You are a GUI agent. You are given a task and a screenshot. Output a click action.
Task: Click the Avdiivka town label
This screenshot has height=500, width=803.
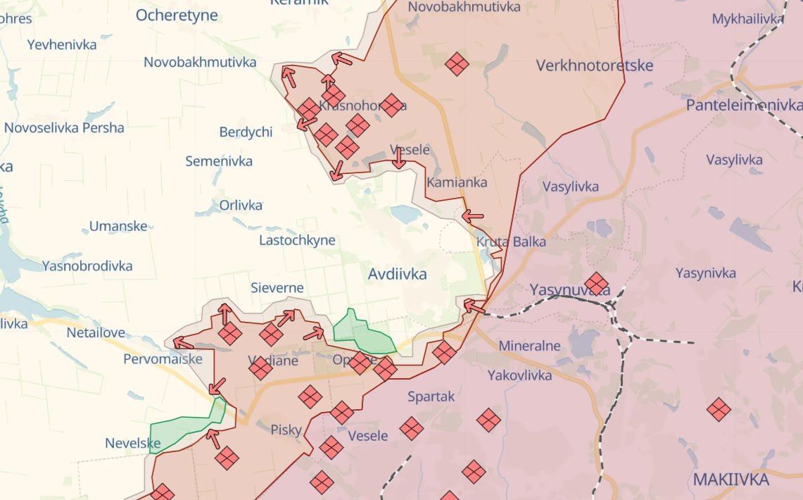pyautogui.click(x=397, y=275)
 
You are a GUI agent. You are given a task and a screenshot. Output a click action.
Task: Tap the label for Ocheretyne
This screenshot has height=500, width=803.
pyautogui.click(x=177, y=15)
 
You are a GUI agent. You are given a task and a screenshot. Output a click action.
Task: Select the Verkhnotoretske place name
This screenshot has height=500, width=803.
pyautogui.click(x=594, y=65)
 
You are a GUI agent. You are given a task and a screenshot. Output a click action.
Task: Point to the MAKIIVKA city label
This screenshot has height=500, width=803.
pyautogui.click(x=731, y=480)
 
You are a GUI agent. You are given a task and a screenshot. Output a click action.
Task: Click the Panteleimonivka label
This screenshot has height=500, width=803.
pyautogui.click(x=744, y=105)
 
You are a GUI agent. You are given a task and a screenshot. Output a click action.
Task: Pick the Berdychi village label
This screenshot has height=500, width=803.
pyautogui.click(x=246, y=132)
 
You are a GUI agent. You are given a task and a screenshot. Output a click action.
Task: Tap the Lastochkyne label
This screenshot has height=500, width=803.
pyautogui.click(x=297, y=240)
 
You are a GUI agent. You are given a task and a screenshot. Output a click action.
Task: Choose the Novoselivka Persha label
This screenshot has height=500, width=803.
pyautogui.click(x=64, y=128)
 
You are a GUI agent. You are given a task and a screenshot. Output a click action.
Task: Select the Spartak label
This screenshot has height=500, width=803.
pyautogui.click(x=431, y=396)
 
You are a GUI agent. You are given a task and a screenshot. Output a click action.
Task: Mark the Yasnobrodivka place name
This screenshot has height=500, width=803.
pyautogui.click(x=87, y=266)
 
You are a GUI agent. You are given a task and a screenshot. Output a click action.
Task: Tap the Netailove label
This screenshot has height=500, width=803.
pyautogui.click(x=96, y=332)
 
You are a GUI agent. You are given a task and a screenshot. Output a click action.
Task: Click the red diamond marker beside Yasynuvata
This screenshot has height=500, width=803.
pyautogui.click(x=596, y=284)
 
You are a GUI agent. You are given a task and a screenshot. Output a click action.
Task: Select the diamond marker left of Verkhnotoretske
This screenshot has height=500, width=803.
pyautogui.click(x=457, y=64)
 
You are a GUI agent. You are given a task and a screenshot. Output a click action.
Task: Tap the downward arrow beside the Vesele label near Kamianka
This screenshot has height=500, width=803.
pyautogui.click(x=399, y=158)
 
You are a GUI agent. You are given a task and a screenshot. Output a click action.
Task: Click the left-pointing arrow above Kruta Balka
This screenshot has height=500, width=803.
pyautogui.click(x=473, y=216)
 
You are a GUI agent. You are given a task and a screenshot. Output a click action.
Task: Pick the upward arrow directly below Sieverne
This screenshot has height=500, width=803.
pyautogui.click(x=225, y=313)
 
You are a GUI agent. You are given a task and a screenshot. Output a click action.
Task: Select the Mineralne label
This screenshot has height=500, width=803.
pyautogui.click(x=529, y=346)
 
